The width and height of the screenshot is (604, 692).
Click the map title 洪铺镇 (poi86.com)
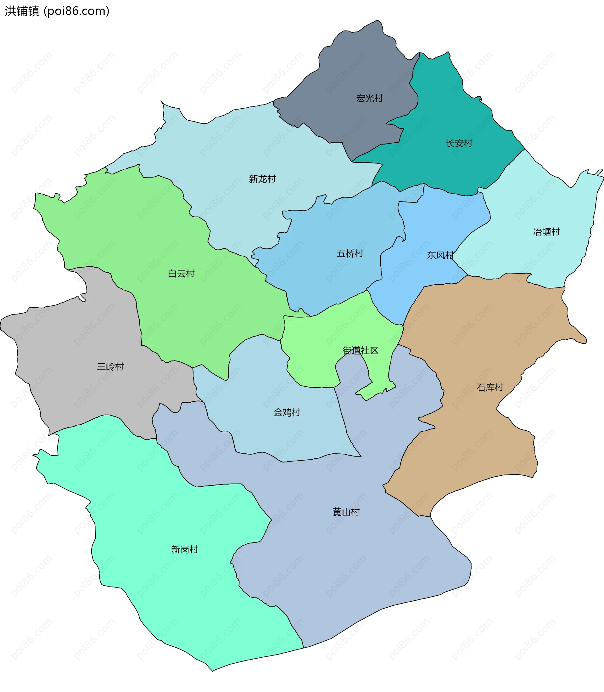pyautogui.click(x=57, y=11)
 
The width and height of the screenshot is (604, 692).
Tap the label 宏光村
pyautogui.click(x=369, y=98)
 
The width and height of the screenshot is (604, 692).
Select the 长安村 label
pyautogui.click(x=459, y=143)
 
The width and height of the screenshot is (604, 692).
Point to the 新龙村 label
pyautogui.click(x=262, y=179)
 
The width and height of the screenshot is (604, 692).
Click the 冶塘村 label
pyautogui.click(x=546, y=232)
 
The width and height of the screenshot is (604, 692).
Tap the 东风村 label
pyautogui.click(x=440, y=255)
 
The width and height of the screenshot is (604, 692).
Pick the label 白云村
pyautogui.click(x=181, y=274)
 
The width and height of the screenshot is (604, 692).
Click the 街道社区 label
pyautogui.click(x=360, y=351)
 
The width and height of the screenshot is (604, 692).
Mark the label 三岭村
pyautogui.click(x=110, y=366)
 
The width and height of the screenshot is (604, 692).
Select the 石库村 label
pyautogui.click(x=490, y=388)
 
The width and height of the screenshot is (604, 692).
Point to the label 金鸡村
pyautogui.click(x=287, y=412)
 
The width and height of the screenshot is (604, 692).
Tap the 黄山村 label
pyautogui.click(x=346, y=512)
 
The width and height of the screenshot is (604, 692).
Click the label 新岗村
pyautogui.click(x=185, y=550)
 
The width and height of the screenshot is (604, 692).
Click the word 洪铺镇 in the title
pyautogui.click(x=22, y=11)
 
